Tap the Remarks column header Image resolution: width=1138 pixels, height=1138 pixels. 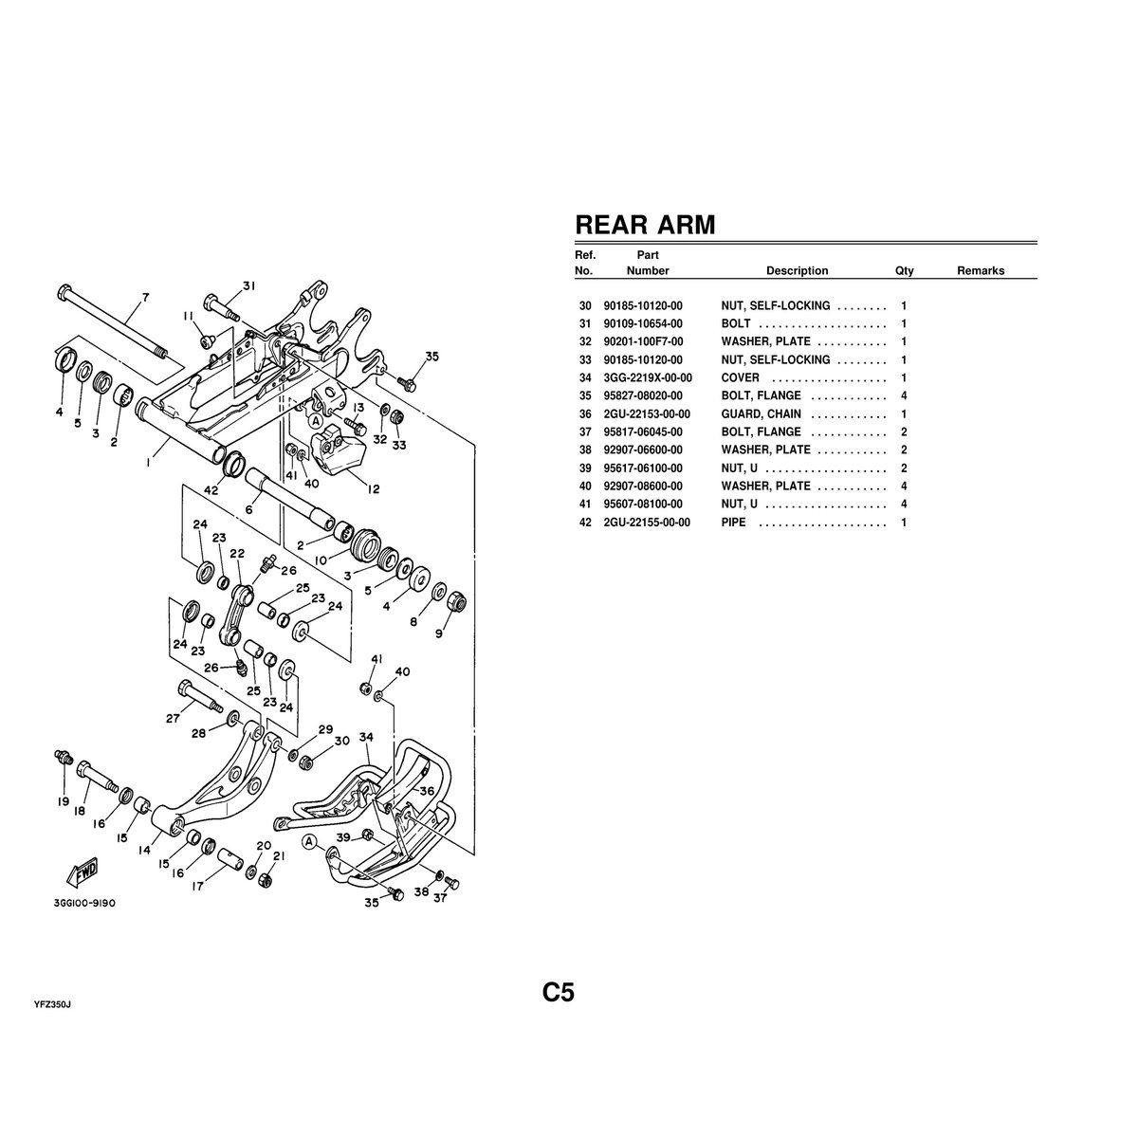(980, 270)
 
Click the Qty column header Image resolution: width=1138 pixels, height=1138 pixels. (904, 270)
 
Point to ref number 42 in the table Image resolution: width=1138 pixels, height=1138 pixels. (584, 523)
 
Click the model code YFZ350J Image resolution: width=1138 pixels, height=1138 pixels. (53, 1002)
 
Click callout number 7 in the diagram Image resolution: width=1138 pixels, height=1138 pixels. (145, 298)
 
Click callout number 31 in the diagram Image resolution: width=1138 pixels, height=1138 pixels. (249, 285)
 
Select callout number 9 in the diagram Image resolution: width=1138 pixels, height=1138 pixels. (438, 633)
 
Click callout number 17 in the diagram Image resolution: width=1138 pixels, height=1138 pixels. (196, 888)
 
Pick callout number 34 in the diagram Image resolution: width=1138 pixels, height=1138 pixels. (367, 736)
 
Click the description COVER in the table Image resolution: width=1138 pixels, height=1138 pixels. (740, 377)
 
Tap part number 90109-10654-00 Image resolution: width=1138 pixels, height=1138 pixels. (642, 323)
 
